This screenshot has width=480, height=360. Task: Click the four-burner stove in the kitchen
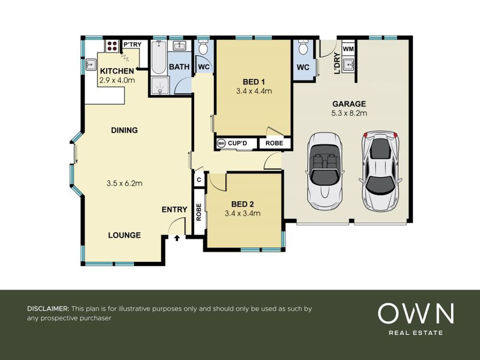[x=112, y=46]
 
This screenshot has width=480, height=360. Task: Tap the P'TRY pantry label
[x=132, y=44]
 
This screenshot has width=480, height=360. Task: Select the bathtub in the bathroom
[x=159, y=57]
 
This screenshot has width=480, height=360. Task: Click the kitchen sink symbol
[x=91, y=64]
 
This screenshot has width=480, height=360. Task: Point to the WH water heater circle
[x=221, y=144]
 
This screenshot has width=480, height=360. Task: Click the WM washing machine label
[x=348, y=49]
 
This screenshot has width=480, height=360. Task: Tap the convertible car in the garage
[x=325, y=171]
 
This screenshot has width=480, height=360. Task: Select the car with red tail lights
[x=380, y=171]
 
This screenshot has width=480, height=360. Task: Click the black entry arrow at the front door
[x=177, y=238]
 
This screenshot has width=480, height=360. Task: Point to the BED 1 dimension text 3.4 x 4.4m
[x=254, y=91]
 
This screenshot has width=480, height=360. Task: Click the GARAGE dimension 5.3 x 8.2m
[x=349, y=113]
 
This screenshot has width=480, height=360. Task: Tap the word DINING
[x=124, y=130]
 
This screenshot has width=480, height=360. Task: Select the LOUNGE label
[x=124, y=235]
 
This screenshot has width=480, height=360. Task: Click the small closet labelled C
[x=199, y=180]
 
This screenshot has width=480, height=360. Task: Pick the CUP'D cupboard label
[x=238, y=143]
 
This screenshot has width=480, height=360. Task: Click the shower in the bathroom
[x=160, y=86]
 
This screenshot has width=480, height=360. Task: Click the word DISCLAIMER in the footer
[x=48, y=309]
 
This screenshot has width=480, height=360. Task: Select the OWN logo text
[x=416, y=314]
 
